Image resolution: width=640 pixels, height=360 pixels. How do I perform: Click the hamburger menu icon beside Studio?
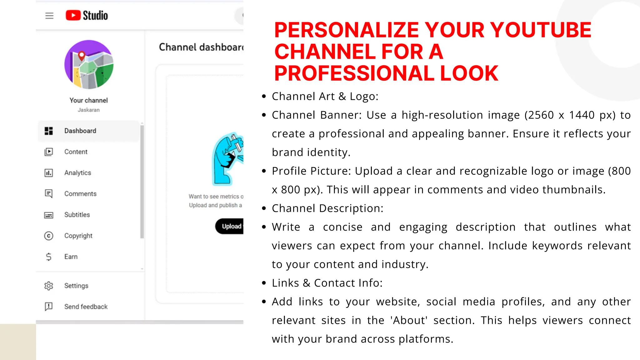pos(49,16)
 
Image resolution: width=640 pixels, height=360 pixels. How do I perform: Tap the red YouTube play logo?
pos(73,15)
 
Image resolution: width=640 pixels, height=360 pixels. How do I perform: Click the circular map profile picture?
pos(89,64)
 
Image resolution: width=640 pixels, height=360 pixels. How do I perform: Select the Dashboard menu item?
pos(80,131)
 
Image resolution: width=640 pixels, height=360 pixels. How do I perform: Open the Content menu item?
pos(76,152)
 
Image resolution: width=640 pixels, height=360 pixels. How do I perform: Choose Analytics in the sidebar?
pos(77,173)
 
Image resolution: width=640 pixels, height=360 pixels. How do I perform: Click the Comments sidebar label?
pos(80,194)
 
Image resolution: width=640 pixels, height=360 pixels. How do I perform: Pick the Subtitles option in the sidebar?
pos(77,215)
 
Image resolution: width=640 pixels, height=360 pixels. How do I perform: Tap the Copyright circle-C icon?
pos(49,236)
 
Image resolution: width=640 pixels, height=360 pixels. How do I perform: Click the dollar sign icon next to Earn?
pos(49,257)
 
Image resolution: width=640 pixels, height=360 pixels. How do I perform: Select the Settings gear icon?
pos(49,286)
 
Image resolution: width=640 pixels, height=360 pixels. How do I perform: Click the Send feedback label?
pos(86,307)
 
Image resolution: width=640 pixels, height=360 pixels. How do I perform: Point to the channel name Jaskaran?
pos(89,110)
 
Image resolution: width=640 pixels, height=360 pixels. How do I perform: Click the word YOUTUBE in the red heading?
pos(540,30)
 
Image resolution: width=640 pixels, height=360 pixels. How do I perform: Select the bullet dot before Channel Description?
pos(264,208)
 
